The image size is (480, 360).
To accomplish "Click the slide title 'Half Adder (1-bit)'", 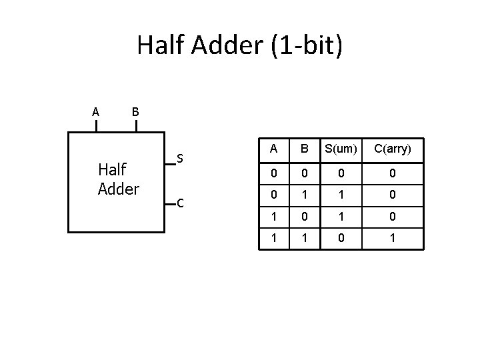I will [x=240, y=46].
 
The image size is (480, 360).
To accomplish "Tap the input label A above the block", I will [x=96, y=111].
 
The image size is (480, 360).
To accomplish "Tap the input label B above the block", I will [x=135, y=111].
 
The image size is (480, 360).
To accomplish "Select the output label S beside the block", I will [x=180, y=159].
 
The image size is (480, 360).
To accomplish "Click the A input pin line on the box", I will [x=96, y=126].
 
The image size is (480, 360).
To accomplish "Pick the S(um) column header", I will [x=341, y=149].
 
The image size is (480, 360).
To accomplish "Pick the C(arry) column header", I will [x=392, y=149].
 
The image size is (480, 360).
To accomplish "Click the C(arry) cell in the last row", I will [x=392, y=237].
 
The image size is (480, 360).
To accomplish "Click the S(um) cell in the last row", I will [x=341, y=237].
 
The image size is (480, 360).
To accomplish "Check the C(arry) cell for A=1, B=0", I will [x=392, y=216].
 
